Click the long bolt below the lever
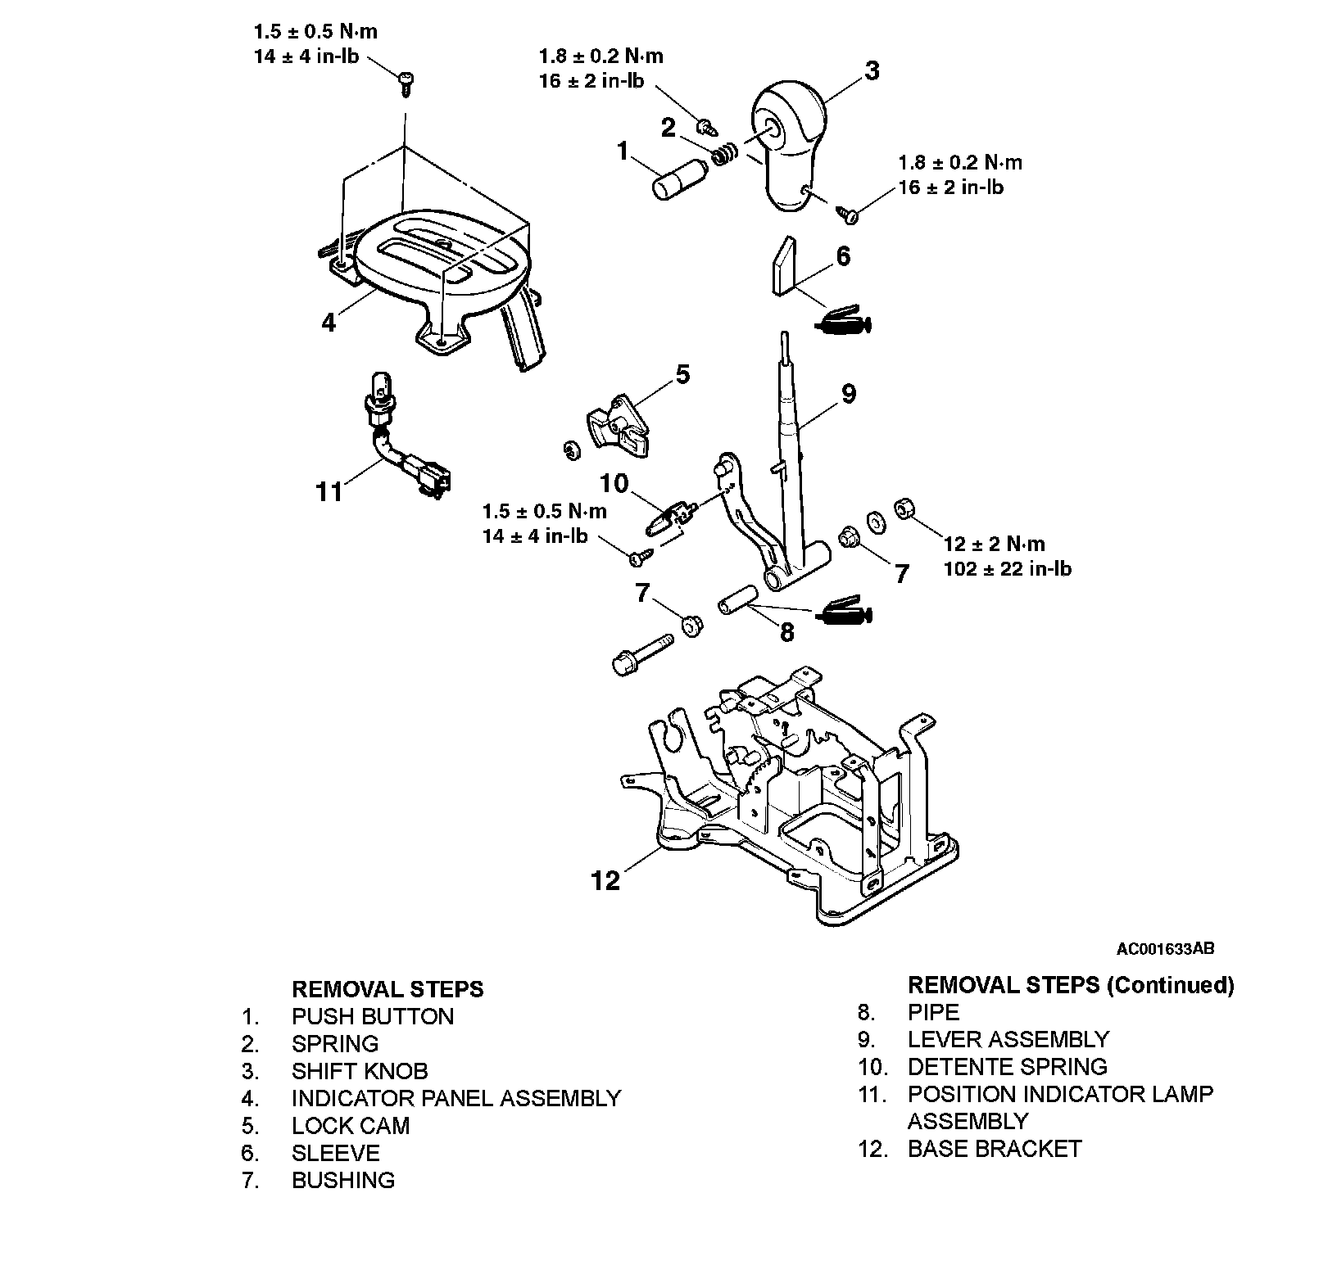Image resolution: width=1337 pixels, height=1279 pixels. (642, 656)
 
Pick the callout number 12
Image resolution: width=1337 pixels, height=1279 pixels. (606, 880)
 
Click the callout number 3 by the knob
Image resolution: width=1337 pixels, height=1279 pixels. (872, 71)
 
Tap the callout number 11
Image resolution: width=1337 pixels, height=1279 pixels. (329, 491)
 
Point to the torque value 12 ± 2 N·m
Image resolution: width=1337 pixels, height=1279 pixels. (994, 545)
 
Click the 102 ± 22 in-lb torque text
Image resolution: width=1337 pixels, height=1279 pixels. (1008, 569)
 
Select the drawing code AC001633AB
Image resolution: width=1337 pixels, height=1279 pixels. (1165, 949)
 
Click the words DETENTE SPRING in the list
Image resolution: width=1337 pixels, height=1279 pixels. (1007, 1067)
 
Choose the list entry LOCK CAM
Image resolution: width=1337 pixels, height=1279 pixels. (351, 1126)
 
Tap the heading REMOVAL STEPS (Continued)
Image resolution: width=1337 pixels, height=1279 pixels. (1071, 985)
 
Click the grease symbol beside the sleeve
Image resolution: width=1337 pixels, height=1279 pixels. (845, 319)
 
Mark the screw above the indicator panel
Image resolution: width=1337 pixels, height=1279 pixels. (405, 81)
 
